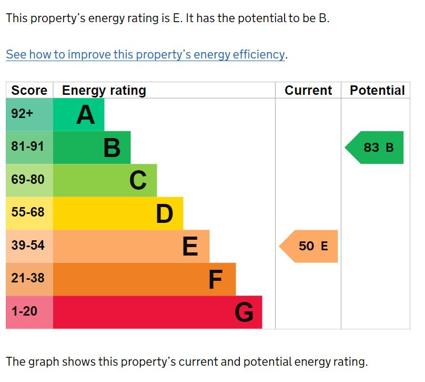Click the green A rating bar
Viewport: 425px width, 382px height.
(x=79, y=114)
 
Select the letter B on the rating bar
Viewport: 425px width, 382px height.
(x=112, y=148)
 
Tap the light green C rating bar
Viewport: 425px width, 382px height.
(x=105, y=180)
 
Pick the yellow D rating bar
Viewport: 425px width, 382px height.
(x=118, y=213)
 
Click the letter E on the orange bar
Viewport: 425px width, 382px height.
(x=190, y=247)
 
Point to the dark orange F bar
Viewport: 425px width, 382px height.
(x=145, y=279)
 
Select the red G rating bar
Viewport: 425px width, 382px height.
(x=158, y=312)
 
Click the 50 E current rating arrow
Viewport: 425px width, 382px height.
(x=309, y=246)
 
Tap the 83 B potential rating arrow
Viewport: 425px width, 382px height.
(x=375, y=148)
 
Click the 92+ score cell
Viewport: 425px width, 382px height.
(x=29, y=114)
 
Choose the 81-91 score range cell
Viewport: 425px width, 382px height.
(x=29, y=147)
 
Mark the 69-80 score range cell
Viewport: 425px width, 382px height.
(x=29, y=180)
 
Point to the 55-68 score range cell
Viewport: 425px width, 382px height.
(x=29, y=213)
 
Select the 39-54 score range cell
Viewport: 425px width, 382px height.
(x=29, y=246)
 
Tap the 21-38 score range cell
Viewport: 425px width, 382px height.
(x=29, y=279)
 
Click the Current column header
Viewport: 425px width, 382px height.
(x=308, y=91)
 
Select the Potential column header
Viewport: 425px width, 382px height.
(x=377, y=91)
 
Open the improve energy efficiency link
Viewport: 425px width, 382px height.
(x=145, y=55)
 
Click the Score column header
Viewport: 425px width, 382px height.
(x=29, y=91)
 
